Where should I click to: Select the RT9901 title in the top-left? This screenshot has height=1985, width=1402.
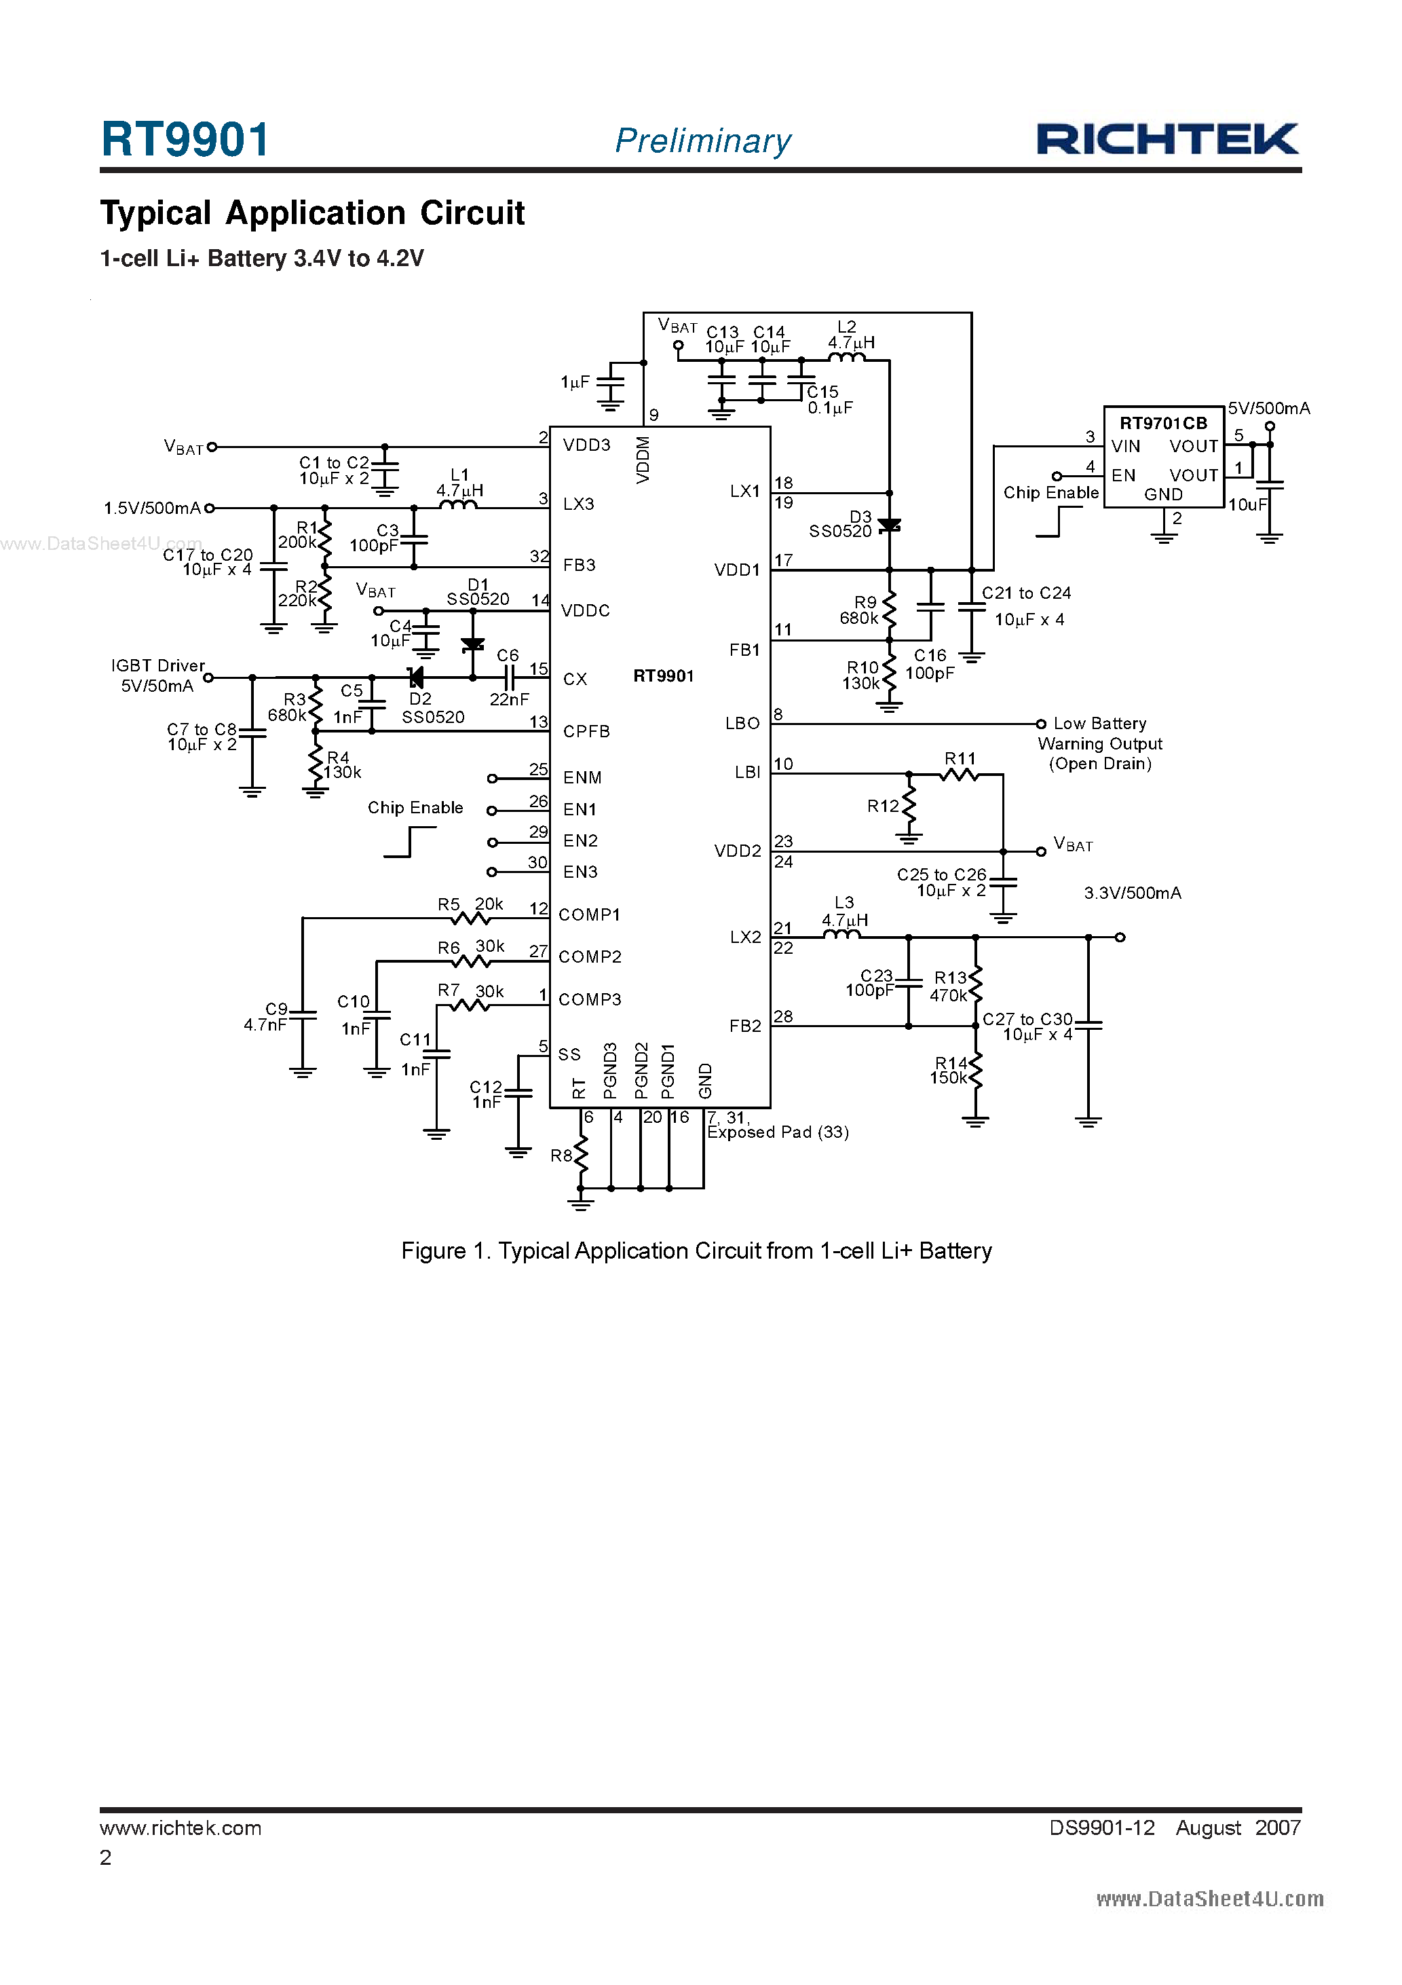click(185, 139)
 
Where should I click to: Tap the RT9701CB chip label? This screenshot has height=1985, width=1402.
click(1162, 423)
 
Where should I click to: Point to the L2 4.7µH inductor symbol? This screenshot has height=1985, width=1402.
click(846, 357)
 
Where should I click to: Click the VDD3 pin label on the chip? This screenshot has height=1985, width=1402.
click(586, 445)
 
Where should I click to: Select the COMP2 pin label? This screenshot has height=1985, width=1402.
click(590, 957)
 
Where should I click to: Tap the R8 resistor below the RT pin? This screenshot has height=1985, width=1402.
click(581, 1153)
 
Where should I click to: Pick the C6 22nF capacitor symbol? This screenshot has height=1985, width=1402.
click(509, 678)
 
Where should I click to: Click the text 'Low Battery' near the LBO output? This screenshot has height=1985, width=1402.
click(1099, 724)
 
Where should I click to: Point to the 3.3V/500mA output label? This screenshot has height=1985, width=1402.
click(1133, 893)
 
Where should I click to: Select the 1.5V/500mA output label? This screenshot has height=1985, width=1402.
click(151, 508)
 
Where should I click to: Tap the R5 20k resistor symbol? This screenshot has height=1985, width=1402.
click(470, 918)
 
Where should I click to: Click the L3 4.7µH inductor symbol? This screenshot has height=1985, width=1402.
click(841, 935)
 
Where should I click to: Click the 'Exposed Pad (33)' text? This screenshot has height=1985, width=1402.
click(777, 1132)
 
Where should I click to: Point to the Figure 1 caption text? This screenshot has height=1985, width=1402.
click(696, 1251)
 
